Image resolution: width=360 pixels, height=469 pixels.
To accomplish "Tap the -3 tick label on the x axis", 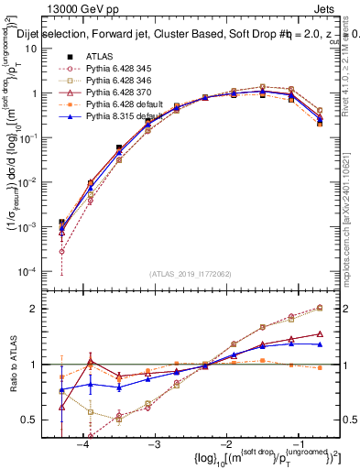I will click(154, 442).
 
